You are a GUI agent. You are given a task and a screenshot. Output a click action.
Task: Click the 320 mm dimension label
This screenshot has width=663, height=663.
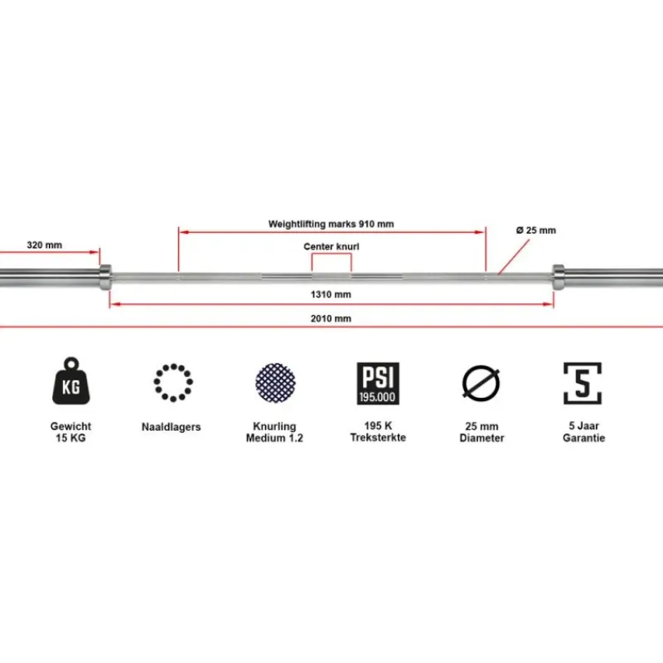tap(45, 244)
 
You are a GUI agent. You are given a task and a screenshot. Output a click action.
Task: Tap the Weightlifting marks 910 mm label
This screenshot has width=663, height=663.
tap(331, 224)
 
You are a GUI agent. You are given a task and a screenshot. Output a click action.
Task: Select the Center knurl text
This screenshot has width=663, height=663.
tap(331, 246)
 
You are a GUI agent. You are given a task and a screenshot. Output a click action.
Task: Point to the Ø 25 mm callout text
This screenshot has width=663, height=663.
tap(536, 230)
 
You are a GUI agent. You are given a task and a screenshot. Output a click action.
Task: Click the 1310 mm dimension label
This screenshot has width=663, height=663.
tap(331, 294)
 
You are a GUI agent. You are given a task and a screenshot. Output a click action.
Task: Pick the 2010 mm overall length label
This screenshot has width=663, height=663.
tap(331, 318)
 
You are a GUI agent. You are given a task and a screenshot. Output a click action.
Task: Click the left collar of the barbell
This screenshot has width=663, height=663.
tap(105, 278)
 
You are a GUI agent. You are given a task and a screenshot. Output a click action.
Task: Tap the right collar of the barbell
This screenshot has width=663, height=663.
tap(558, 278)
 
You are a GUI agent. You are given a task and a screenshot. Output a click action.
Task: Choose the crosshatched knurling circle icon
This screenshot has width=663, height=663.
tap(275, 383)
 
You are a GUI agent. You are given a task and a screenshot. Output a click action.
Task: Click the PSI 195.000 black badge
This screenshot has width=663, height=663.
tap(378, 383)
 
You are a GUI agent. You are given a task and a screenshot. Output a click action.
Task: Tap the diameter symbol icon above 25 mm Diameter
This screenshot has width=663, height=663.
tap(482, 382)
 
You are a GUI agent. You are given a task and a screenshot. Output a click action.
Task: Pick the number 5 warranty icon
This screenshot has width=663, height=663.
tap(583, 383)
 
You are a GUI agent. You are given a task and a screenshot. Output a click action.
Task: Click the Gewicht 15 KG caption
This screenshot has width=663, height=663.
tap(70, 432)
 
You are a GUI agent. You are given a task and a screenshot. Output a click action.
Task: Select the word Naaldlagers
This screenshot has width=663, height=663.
tap(172, 427)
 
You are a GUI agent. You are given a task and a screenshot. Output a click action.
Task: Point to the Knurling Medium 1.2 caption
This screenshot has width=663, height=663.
tap(275, 432)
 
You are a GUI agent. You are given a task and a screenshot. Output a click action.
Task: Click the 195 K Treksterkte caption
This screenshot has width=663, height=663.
tap(378, 432)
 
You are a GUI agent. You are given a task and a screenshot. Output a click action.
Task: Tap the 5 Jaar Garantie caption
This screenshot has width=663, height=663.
tap(584, 432)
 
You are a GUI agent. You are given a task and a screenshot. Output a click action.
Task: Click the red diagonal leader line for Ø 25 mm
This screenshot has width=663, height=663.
tap(514, 258)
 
